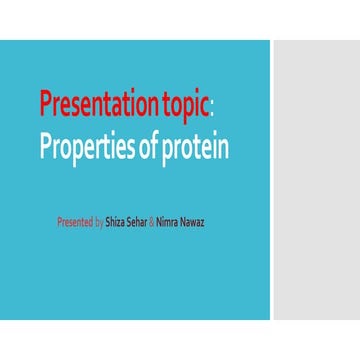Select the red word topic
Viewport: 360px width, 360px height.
click(185, 103)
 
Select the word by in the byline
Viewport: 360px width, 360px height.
click(99, 216)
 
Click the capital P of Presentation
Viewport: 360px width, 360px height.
click(46, 103)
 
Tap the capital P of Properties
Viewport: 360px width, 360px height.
click(46, 146)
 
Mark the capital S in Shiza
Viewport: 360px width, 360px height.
click(107, 215)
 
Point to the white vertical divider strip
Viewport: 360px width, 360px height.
click(271, 180)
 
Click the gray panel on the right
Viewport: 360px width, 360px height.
click(316, 180)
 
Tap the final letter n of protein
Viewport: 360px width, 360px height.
click(224, 149)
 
